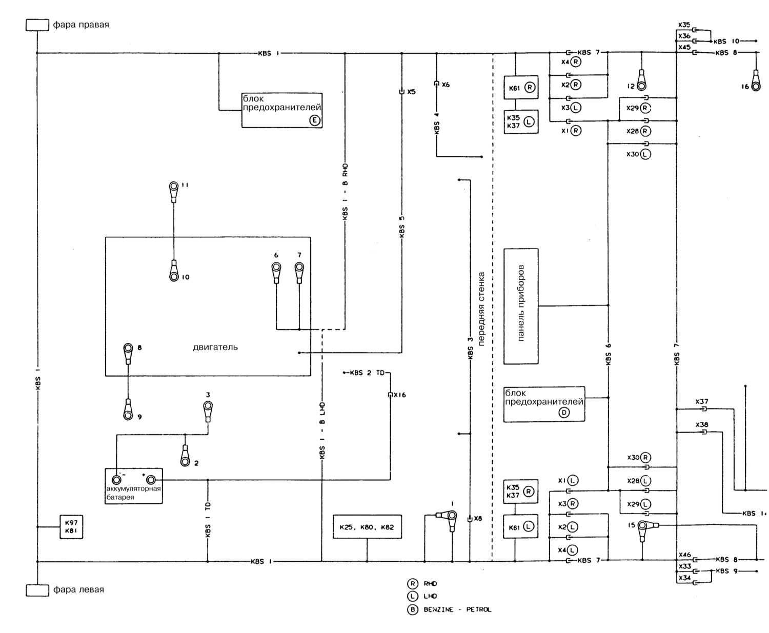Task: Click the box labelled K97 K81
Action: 71,527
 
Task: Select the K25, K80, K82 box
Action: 367,527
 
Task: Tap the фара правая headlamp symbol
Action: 37,25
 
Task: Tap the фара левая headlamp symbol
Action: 37,590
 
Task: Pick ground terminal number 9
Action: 128,413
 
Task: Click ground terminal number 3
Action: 208,407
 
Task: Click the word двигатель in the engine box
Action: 215,347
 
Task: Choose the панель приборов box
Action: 521,306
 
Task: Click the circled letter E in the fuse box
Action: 314,120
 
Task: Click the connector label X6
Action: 445,85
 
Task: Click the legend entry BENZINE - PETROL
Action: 457,609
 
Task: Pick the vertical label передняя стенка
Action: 481,309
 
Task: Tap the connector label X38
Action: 702,425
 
